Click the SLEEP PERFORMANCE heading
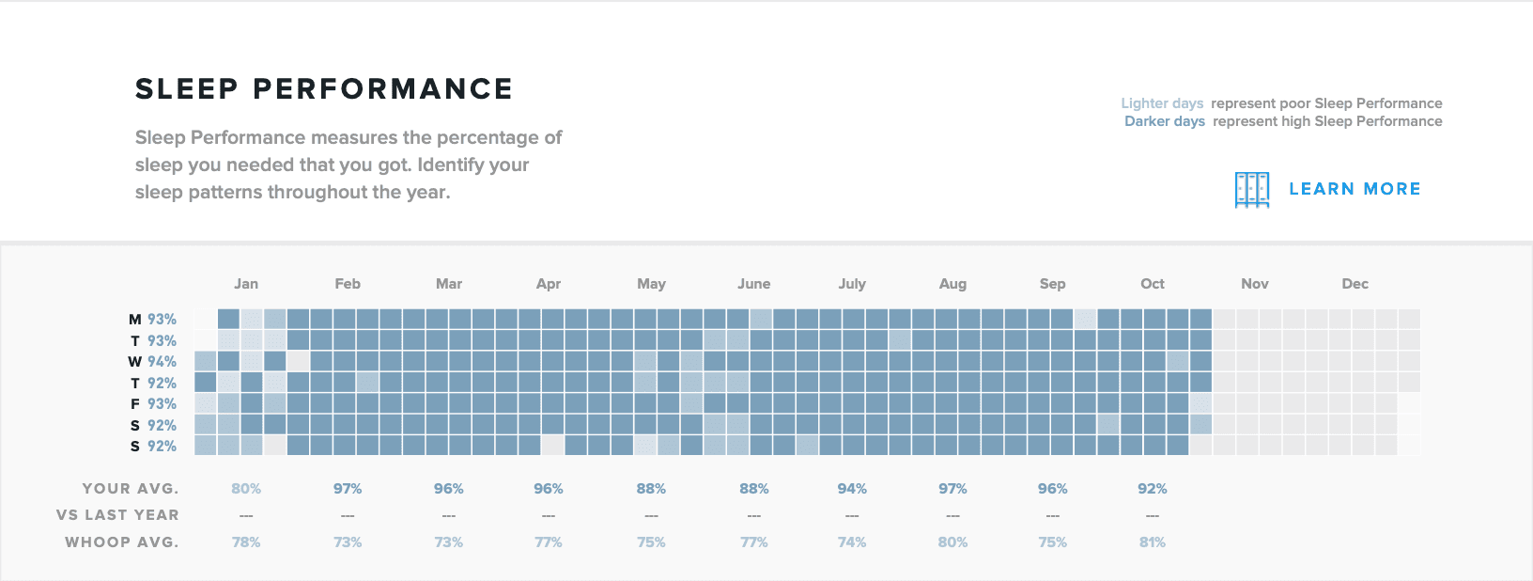pyautogui.click(x=324, y=89)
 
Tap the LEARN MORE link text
pyautogui.click(x=1355, y=189)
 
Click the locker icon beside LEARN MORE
pyautogui.click(x=1251, y=190)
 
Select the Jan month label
pyautogui.click(x=246, y=284)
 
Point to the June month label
pyautogui.click(x=753, y=284)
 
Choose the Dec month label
pyautogui.click(x=1355, y=284)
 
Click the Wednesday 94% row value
pyautogui.click(x=162, y=362)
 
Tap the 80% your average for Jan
pyautogui.click(x=246, y=489)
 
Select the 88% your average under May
pyautogui.click(x=651, y=489)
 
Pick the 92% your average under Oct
pyautogui.click(x=1153, y=489)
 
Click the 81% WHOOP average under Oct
pyautogui.click(x=1153, y=542)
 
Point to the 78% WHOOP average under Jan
pyautogui.click(x=246, y=542)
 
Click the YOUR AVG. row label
pyautogui.click(x=130, y=489)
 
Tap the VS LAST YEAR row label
pyautogui.click(x=117, y=515)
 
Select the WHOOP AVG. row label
pyautogui.click(x=121, y=542)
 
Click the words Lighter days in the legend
pyautogui.click(x=1162, y=103)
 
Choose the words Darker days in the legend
pyautogui.click(x=1165, y=121)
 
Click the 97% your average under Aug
pyautogui.click(x=952, y=489)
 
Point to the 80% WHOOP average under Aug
pyautogui.click(x=952, y=542)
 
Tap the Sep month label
pyautogui.click(x=1052, y=284)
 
